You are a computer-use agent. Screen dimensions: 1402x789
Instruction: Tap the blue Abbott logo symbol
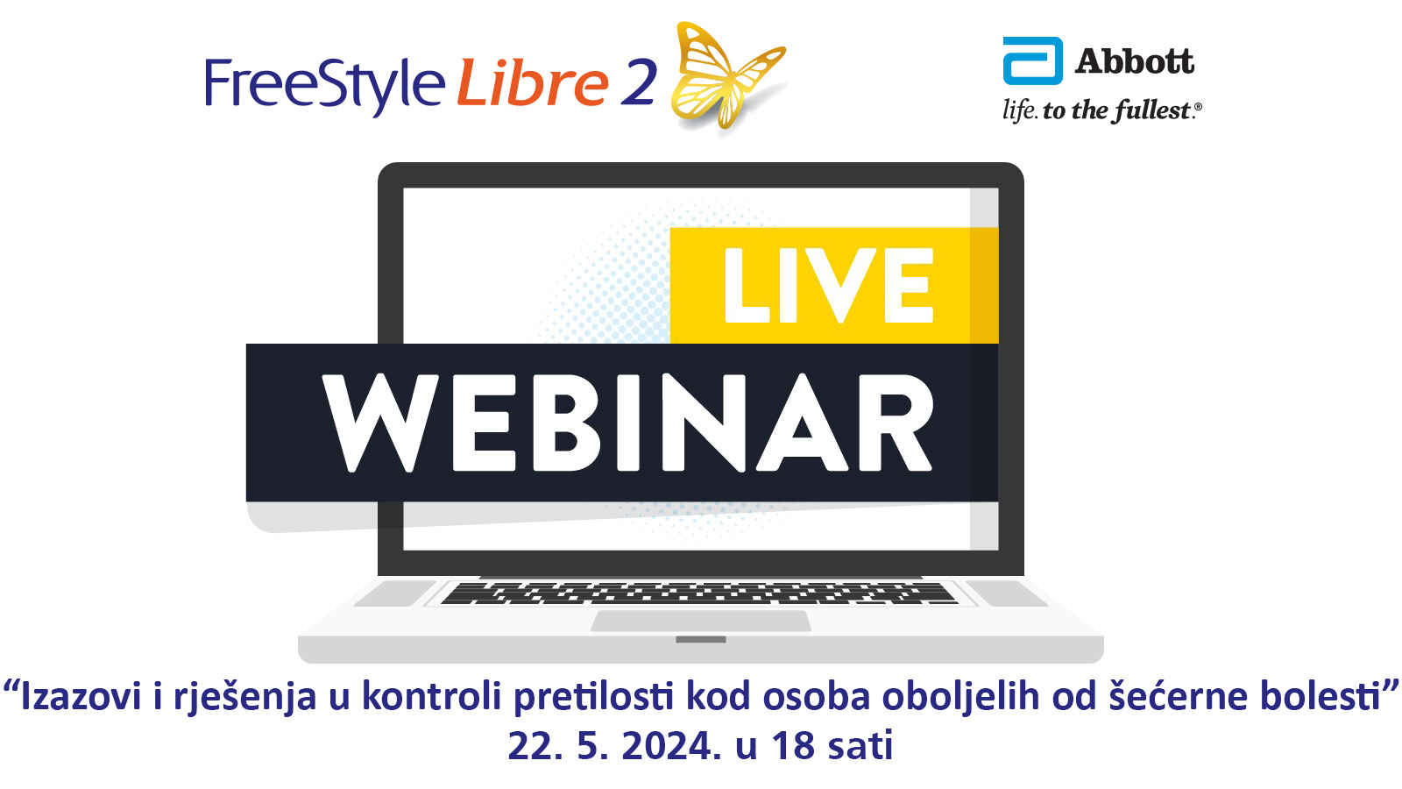[x=1032, y=60]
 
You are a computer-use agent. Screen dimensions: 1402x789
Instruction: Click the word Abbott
[x=1134, y=61]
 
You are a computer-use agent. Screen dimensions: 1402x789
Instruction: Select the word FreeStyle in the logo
[x=325, y=84]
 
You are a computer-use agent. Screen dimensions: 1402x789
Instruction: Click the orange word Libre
[x=532, y=82]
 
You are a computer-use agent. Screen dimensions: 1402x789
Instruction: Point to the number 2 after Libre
[x=639, y=82]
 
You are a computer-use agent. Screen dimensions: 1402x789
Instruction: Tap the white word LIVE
[x=829, y=286]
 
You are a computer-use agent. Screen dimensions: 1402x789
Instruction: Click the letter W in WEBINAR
[x=380, y=423]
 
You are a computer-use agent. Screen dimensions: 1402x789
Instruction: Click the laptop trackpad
[x=701, y=622]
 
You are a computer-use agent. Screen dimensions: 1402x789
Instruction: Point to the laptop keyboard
[x=699, y=594]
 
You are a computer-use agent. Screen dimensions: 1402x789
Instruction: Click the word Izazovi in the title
[x=81, y=696]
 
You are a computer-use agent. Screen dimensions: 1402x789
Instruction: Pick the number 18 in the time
[x=792, y=746]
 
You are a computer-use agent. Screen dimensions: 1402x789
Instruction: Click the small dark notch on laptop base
[x=701, y=639]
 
